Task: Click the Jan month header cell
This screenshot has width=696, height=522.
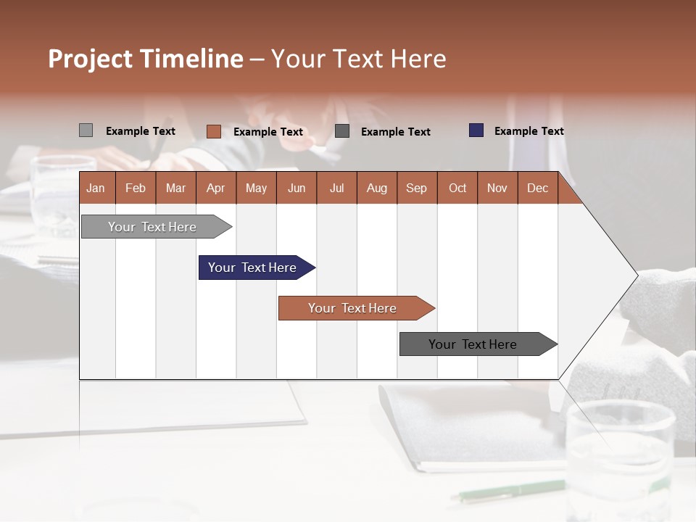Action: click(96, 188)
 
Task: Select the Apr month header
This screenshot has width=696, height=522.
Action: click(216, 188)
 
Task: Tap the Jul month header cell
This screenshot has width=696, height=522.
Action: click(336, 188)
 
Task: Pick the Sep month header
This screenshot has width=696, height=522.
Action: click(417, 188)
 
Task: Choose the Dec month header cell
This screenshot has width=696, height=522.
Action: click(537, 188)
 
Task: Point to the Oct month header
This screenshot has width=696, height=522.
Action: click(457, 188)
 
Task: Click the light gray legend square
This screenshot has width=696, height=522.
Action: click(86, 130)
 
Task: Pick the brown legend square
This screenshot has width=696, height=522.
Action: click(213, 131)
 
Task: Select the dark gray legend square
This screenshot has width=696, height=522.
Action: click(342, 131)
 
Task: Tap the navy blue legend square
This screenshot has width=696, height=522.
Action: click(476, 130)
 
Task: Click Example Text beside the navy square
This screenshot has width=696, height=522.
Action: click(529, 131)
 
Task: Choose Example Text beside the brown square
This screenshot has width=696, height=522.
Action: click(268, 132)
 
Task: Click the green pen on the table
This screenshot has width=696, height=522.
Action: click(507, 491)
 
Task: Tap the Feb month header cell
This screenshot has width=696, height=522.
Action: click(136, 188)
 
